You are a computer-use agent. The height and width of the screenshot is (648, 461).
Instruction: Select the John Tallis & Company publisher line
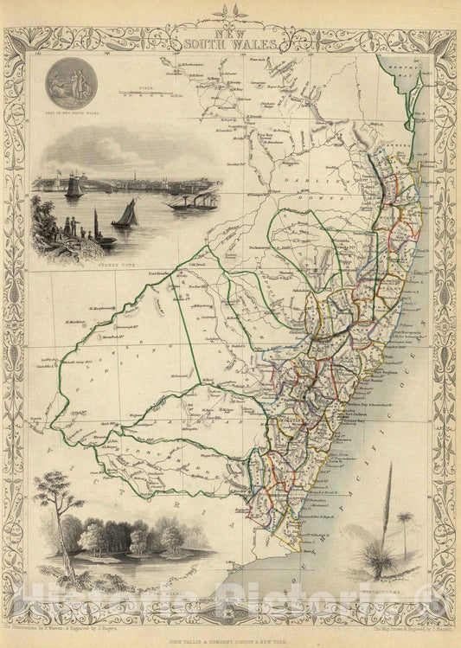coord(230,639)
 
